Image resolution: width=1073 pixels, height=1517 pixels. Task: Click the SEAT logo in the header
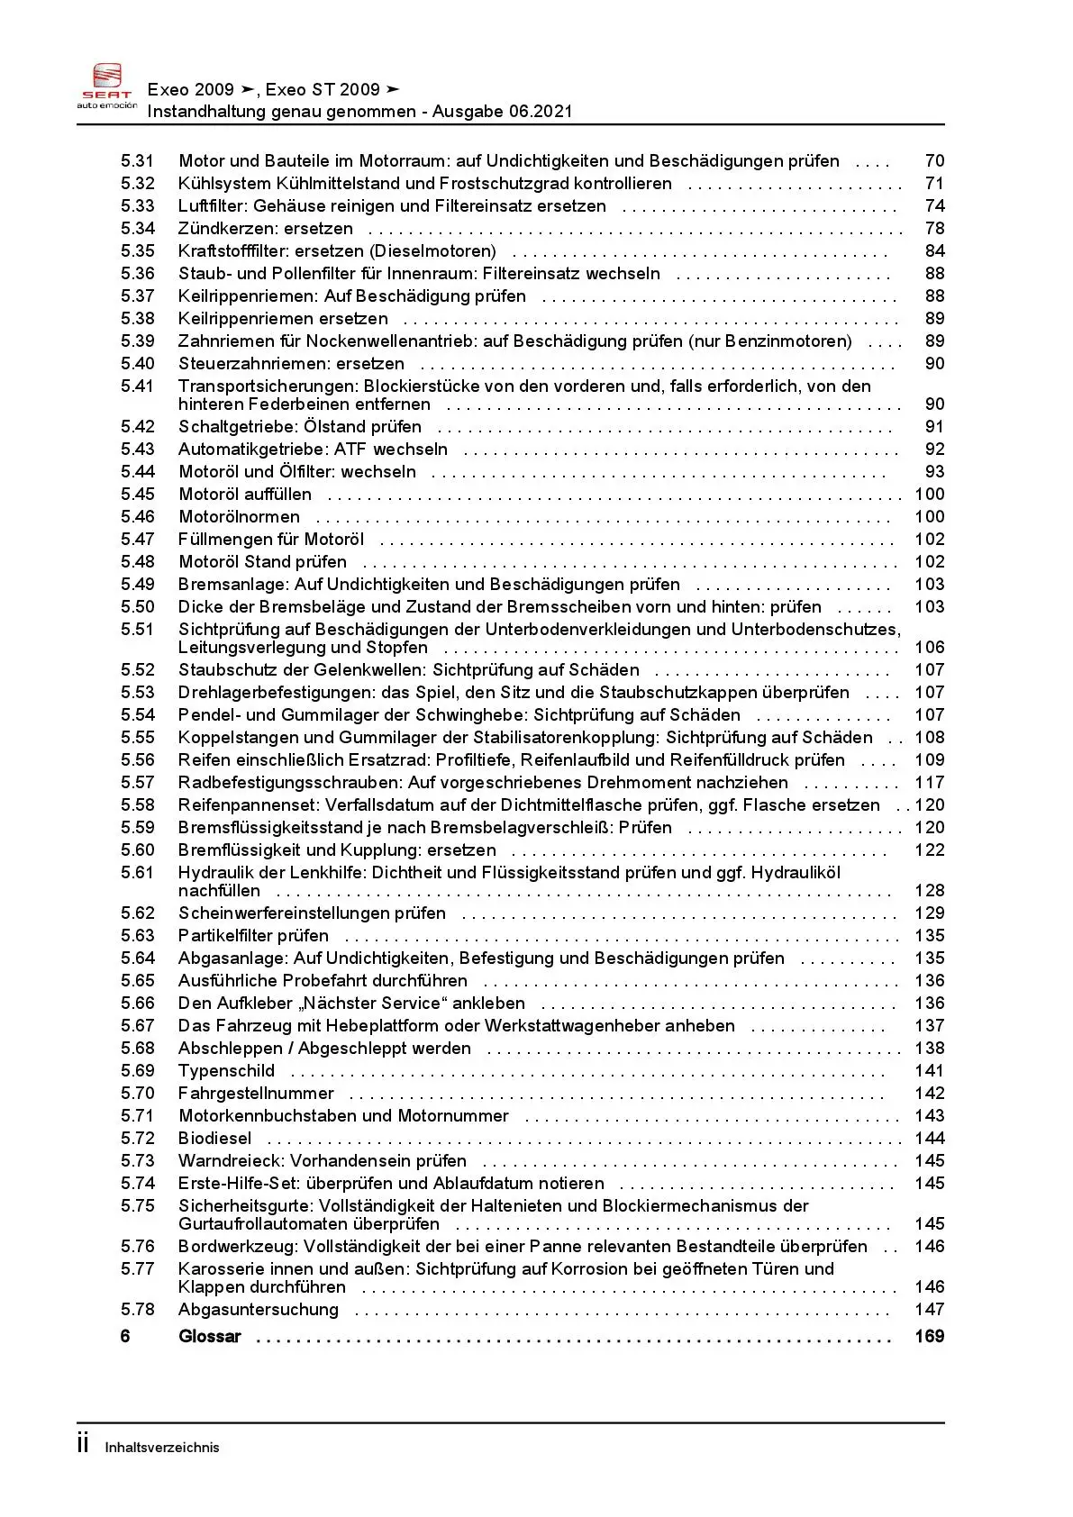click(x=107, y=85)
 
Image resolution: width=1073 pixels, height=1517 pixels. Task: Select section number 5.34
click(x=138, y=229)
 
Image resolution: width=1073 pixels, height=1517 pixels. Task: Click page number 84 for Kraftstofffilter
click(x=934, y=251)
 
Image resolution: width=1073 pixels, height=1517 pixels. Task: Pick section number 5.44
click(x=138, y=472)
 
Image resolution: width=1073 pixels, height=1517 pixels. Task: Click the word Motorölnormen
click(x=240, y=517)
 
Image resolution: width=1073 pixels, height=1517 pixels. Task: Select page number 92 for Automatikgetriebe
click(x=934, y=450)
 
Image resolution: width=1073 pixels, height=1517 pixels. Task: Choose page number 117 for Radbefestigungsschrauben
click(x=929, y=783)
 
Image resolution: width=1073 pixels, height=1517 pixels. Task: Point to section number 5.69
click(x=138, y=1071)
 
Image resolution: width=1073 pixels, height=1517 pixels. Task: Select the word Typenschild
click(x=226, y=1071)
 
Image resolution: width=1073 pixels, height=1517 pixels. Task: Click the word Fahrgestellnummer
click(x=256, y=1094)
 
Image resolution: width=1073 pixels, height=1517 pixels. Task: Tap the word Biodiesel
click(x=214, y=1139)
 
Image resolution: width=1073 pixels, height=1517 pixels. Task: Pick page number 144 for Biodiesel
click(x=929, y=1139)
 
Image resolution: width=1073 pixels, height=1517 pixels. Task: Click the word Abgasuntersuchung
click(x=259, y=1310)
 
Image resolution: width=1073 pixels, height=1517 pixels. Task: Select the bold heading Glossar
click(x=210, y=1337)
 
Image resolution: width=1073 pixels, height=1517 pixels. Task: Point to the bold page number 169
click(x=929, y=1337)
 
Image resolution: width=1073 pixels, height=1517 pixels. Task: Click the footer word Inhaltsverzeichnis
click(x=162, y=1448)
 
